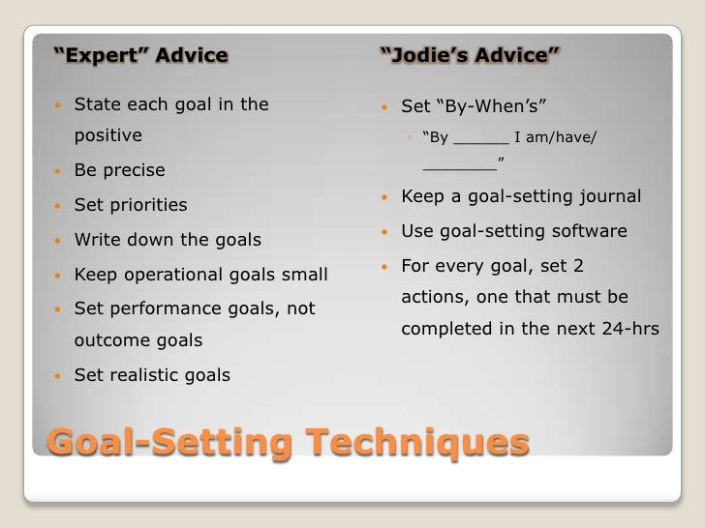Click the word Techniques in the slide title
[417, 443]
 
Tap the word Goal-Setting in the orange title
[169, 443]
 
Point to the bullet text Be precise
[119, 170]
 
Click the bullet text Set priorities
[131, 205]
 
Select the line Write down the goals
[168, 240]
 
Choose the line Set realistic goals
[152, 375]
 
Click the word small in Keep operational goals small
[303, 275]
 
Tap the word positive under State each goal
[107, 135]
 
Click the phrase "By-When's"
[494, 104]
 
